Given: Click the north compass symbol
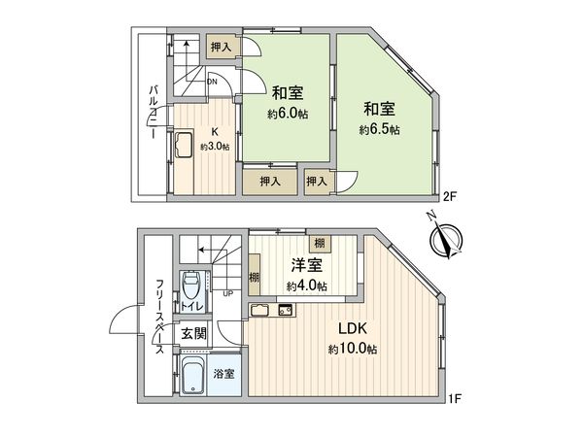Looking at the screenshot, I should [446, 236].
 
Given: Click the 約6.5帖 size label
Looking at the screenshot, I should [379, 129].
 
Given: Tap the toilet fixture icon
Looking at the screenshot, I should [192, 289].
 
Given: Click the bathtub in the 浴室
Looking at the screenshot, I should [192, 374].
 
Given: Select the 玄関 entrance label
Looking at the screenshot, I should [193, 333].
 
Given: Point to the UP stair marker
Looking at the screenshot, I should [227, 293].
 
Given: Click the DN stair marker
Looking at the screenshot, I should [213, 83].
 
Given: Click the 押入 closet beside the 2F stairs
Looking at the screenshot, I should [221, 46].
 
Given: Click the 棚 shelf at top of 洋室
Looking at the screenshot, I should [319, 244].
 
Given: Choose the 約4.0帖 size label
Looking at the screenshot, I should [306, 286].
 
